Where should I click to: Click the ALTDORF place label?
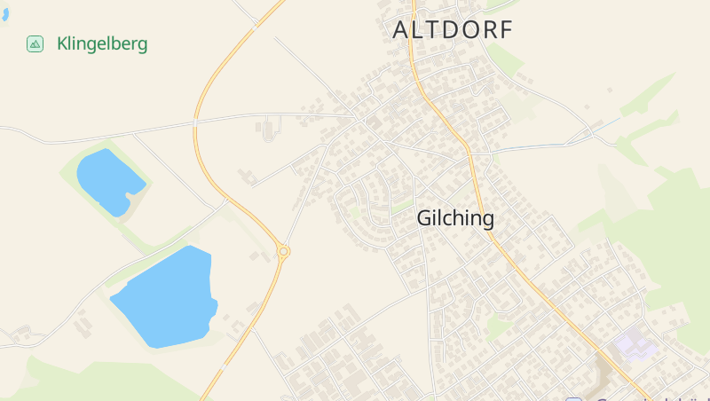[453, 29]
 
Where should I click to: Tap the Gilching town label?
[455, 218]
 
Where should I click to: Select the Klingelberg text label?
[102, 43]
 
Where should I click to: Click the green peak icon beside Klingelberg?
[35, 43]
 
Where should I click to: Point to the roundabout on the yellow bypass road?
[283, 252]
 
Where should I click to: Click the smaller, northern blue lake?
[108, 180]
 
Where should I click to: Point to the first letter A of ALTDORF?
[400, 29]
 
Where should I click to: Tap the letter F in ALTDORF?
[506, 29]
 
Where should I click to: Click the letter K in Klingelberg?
[62, 43]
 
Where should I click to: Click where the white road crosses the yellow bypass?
[194, 122]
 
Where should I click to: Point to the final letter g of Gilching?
[487, 220]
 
